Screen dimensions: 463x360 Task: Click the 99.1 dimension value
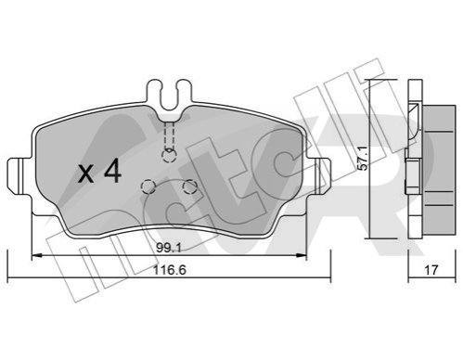168,248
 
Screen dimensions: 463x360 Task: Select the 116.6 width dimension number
170,270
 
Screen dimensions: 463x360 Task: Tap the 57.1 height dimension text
364,159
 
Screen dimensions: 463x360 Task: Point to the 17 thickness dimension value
431,270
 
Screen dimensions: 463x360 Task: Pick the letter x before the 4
86,174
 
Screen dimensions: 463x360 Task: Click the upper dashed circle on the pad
169,156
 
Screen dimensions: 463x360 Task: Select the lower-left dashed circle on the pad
148,186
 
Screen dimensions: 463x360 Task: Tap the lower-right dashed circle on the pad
189,186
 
